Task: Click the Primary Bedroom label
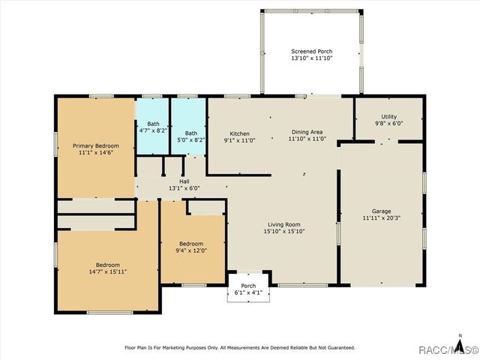coord(96,145)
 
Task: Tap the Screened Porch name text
coord(312,52)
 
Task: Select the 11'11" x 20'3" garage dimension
coord(382,218)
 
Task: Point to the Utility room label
coord(388,117)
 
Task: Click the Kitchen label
coord(239,133)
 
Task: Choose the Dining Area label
coord(307,132)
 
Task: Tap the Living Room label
coord(284,224)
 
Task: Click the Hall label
coord(184,181)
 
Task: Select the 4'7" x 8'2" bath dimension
coord(153,130)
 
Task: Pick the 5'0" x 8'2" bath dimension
coord(191,140)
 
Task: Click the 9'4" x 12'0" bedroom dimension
coord(191,250)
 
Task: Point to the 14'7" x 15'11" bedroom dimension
coord(108,271)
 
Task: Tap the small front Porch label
coord(248,286)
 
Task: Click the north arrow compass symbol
coord(460,343)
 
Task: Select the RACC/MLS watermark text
coord(448,349)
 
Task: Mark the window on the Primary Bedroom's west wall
coord(55,144)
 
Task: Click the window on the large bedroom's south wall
coord(110,313)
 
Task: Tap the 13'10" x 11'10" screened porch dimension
coord(312,58)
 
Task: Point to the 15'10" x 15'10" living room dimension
coord(284,231)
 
